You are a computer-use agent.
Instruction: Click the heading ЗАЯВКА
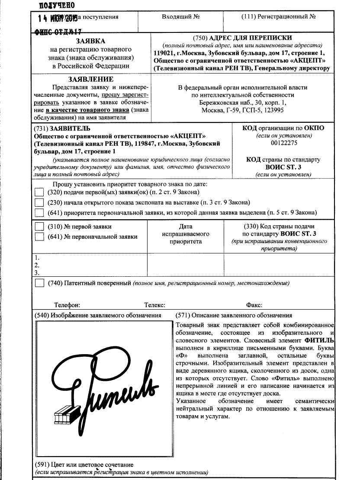pyautogui.click(x=90, y=42)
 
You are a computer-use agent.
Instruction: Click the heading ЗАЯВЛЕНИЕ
pyautogui.click(x=90, y=79)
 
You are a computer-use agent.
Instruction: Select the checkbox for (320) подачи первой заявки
pyautogui.click(x=39, y=192)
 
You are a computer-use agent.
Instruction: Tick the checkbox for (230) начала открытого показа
pyautogui.click(x=39, y=202)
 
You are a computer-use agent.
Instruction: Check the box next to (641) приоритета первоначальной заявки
pyautogui.click(x=39, y=212)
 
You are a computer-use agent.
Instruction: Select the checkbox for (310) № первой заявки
pyautogui.click(x=39, y=226)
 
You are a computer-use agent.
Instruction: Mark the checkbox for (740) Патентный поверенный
pyautogui.click(x=39, y=283)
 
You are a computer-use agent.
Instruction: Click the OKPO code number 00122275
pyautogui.click(x=283, y=143)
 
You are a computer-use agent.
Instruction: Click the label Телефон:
pyautogui.click(x=67, y=305)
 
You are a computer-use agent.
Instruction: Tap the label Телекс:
pyautogui.click(x=155, y=305)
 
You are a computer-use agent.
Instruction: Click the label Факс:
pyautogui.click(x=254, y=305)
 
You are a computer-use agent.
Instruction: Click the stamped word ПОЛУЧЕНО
pyautogui.click(x=57, y=5)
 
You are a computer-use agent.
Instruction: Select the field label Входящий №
pyautogui.click(x=180, y=17)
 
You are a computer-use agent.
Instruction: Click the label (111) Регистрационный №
pyautogui.click(x=278, y=17)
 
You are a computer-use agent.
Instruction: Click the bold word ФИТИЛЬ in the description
pyautogui.click(x=319, y=341)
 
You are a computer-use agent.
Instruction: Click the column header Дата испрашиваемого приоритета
pyautogui.click(x=186, y=234)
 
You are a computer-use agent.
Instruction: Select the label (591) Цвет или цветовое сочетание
pyautogui.click(x=83, y=464)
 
